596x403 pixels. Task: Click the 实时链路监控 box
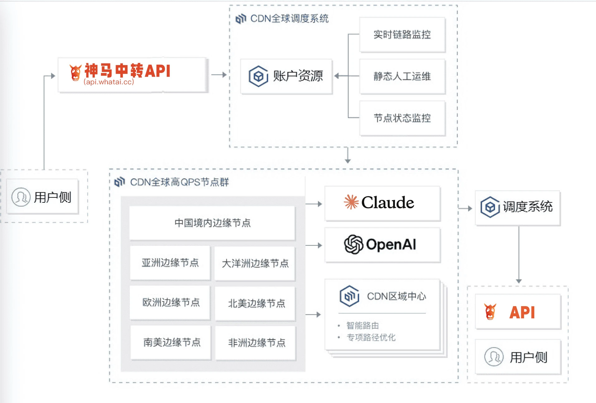[402, 34]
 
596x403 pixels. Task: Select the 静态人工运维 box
[402, 76]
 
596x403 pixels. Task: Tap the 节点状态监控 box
[402, 118]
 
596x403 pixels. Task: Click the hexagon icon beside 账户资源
[258, 76]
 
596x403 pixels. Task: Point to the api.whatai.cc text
[108, 82]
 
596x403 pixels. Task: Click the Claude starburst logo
[351, 202]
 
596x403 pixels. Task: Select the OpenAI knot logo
[353, 244]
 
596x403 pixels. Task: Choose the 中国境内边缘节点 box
[212, 223]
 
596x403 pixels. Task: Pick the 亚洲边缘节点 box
[170, 263]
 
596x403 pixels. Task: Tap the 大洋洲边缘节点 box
[254, 263]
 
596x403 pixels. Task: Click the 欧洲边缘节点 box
[170, 303]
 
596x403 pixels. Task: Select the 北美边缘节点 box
[255, 303]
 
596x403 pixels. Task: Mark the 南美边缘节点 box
[170, 342]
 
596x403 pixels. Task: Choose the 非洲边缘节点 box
[255, 343]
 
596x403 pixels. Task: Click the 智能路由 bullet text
[362, 326]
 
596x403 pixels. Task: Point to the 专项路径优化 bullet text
[371, 338]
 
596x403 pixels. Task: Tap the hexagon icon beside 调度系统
[490, 207]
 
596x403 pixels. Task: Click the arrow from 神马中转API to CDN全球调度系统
[219, 75]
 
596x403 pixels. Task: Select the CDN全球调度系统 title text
[289, 18]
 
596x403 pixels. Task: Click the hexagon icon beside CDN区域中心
[349, 296]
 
